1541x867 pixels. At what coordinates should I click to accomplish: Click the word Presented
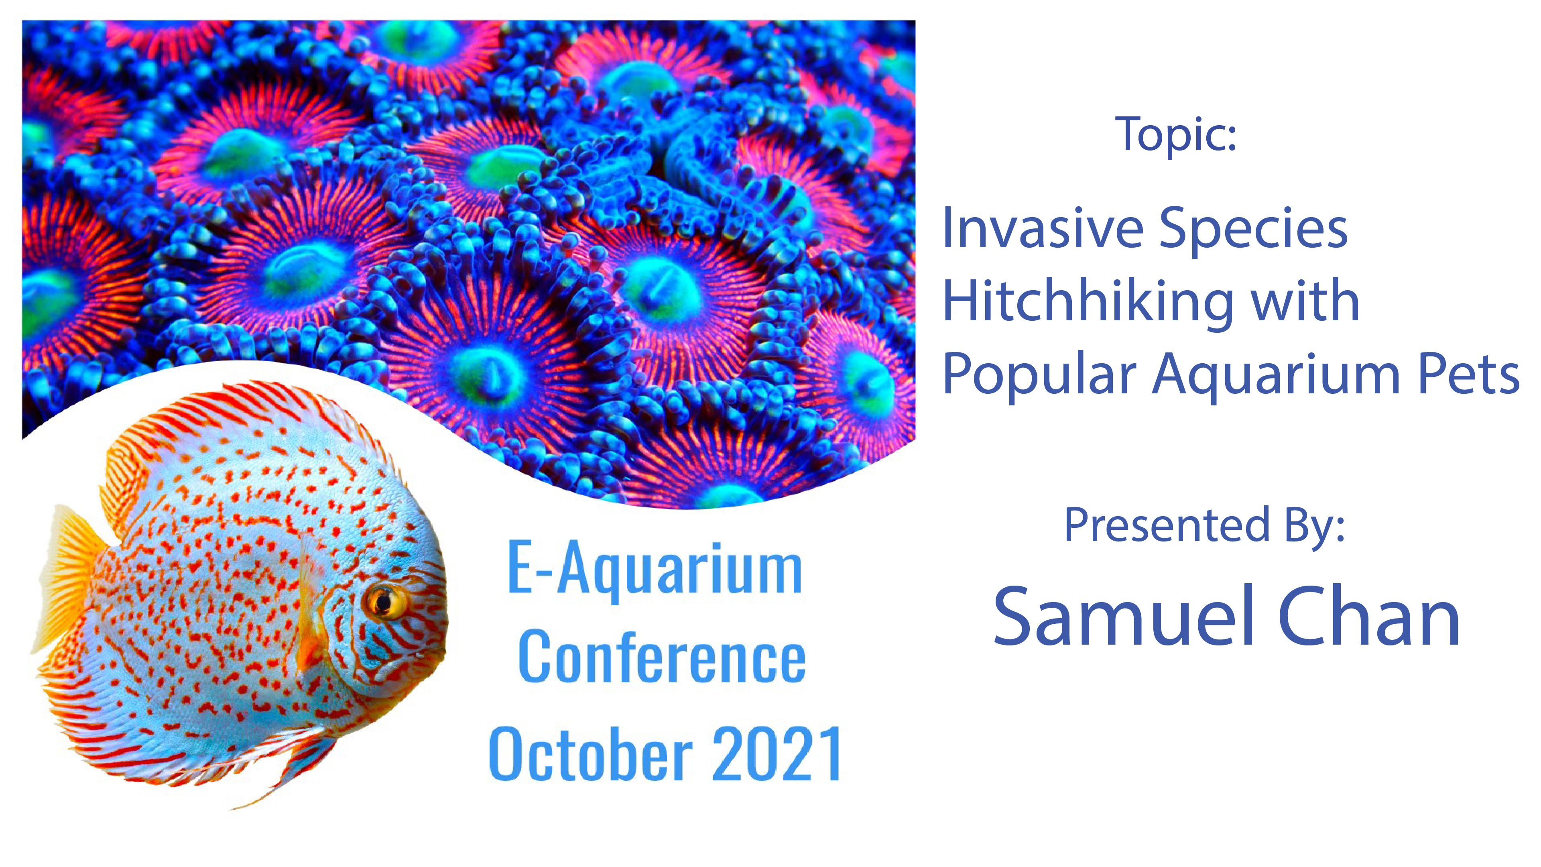point(1167,525)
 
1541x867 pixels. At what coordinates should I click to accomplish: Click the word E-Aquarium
point(655,568)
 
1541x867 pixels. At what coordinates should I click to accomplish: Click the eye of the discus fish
point(383,601)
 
